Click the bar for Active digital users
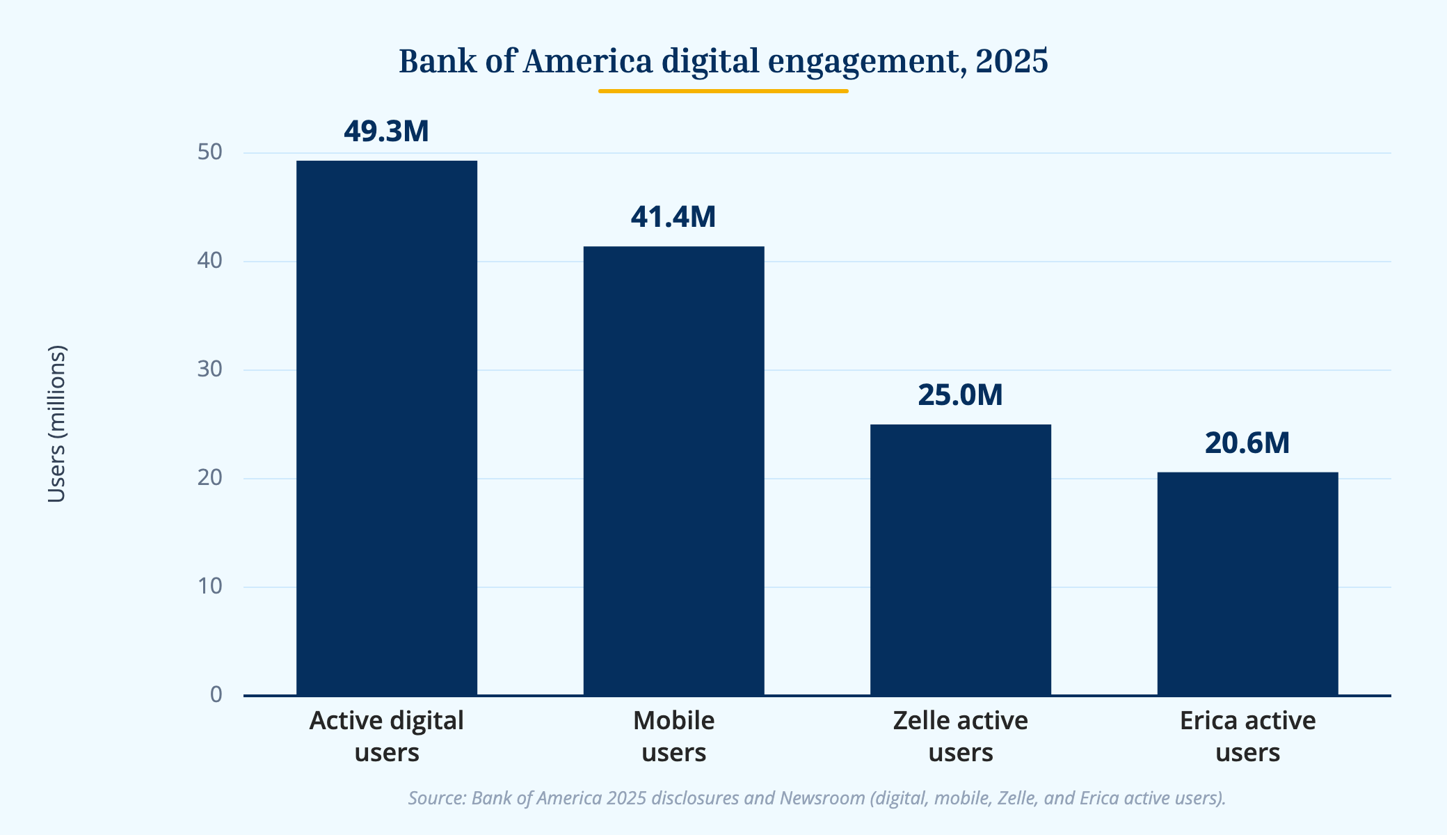[387, 428]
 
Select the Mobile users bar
[673, 470]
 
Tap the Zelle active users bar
[961, 559]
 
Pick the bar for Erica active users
[1247, 583]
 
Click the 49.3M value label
[387, 132]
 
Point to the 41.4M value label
[673, 217]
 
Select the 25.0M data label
[961, 395]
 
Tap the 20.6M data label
[1247, 443]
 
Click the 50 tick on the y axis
[209, 152]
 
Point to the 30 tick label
[209, 369]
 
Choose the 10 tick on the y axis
[209, 587]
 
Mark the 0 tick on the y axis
[216, 694]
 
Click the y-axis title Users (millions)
[56, 424]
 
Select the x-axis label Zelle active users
[961, 736]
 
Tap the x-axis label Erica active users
[1247, 736]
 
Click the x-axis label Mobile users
[673, 736]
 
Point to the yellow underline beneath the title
[723, 90]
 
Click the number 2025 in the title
[1012, 61]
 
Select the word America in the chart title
[588, 61]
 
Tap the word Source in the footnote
[436, 797]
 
